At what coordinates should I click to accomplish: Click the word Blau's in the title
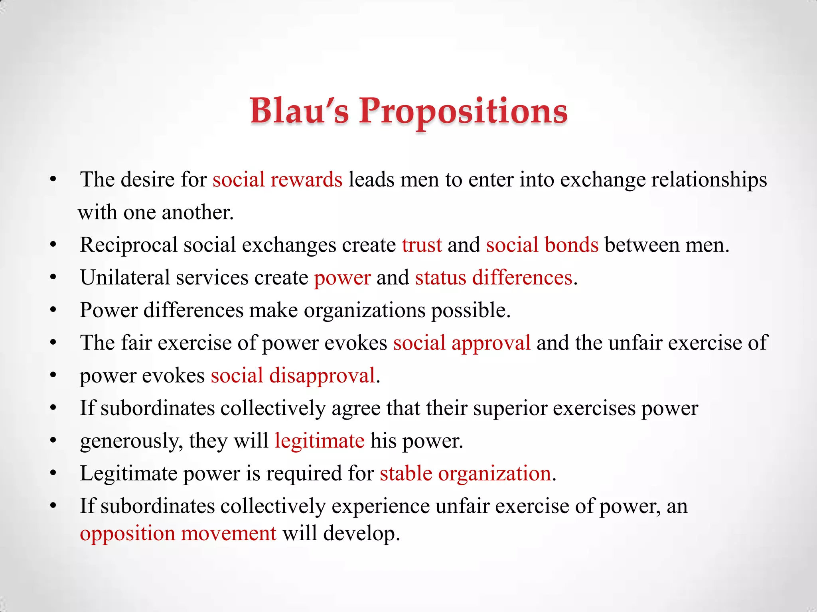click(299, 111)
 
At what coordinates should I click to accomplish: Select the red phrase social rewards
click(277, 180)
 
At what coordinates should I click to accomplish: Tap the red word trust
click(422, 245)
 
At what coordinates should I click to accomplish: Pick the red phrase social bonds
click(542, 245)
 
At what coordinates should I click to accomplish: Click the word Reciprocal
click(128, 245)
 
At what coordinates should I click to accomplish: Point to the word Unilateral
click(125, 278)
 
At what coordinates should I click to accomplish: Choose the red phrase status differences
click(493, 278)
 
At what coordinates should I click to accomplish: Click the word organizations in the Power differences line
click(365, 310)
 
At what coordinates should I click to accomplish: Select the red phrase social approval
click(462, 343)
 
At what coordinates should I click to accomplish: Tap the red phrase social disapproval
click(293, 376)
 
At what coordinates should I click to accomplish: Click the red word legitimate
click(319, 441)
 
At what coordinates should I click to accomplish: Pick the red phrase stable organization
click(465, 474)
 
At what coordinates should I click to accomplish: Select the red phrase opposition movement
click(178, 534)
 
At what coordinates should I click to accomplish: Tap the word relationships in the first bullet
click(709, 180)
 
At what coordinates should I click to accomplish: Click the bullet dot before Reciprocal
click(53, 245)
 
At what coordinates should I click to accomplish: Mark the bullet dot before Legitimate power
click(53, 474)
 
